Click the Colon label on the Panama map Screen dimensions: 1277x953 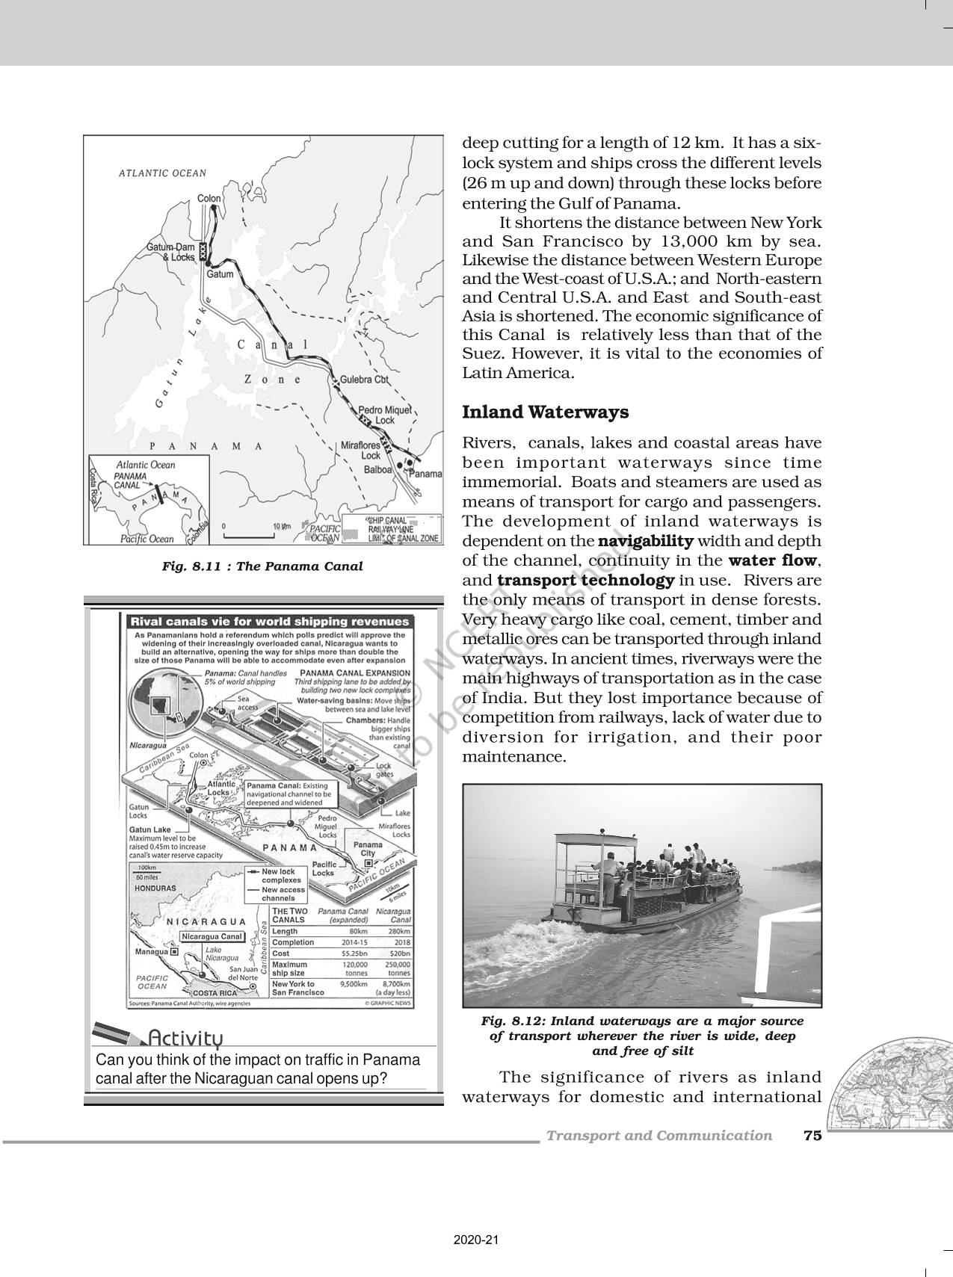pyautogui.click(x=209, y=199)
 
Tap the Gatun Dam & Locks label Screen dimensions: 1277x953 pyautogui.click(x=170, y=252)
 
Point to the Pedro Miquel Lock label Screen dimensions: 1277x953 pyautogui.click(x=385, y=415)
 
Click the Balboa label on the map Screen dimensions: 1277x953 pyautogui.click(x=378, y=469)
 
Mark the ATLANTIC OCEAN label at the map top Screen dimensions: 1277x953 pyautogui.click(x=162, y=173)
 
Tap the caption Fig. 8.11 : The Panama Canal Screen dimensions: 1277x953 pyautogui.click(x=262, y=566)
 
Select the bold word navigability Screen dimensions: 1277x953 pyautogui.click(x=647, y=541)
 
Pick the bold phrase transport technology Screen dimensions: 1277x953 pyautogui.click(x=586, y=581)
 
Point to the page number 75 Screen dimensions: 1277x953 pyautogui.click(x=812, y=1136)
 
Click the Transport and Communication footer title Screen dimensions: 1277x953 pyautogui.click(x=659, y=1136)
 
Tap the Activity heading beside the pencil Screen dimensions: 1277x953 pyautogui.click(x=185, y=1039)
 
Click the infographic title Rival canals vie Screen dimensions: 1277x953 pyautogui.click(x=270, y=622)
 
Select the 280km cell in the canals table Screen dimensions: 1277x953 pyautogui.click(x=399, y=932)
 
